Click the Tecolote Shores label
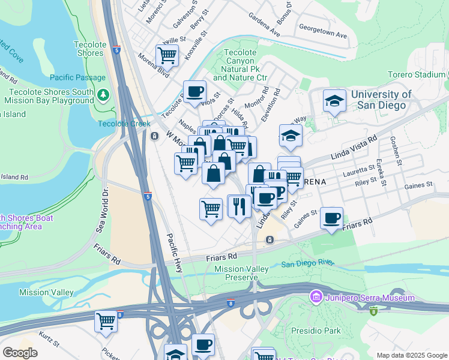[x=90, y=49]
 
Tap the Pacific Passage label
[x=77, y=77]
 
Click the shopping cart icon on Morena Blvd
[x=167, y=55]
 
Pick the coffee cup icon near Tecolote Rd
[x=194, y=92]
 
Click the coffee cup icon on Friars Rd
[x=331, y=218]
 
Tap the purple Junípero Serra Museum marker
[x=315, y=297]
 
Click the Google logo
[x=20, y=352]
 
